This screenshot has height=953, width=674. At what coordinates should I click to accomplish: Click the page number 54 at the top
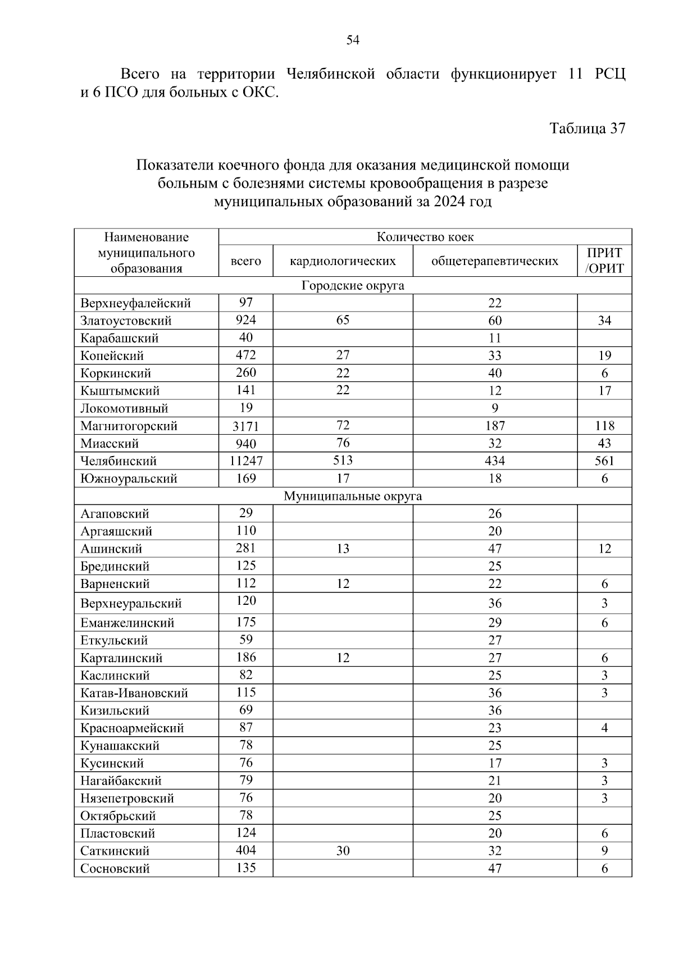point(353,40)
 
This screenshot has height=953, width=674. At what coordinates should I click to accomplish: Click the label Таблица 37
point(587,129)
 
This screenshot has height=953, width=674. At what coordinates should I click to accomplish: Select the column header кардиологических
point(343,261)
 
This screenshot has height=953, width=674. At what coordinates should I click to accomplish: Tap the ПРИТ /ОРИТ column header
point(604,261)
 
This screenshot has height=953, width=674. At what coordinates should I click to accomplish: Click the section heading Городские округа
point(353,285)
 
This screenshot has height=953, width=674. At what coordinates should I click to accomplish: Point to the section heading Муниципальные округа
point(353,496)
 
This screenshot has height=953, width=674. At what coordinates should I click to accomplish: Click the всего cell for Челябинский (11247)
point(246,461)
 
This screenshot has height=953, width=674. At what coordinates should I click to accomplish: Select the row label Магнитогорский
point(129,426)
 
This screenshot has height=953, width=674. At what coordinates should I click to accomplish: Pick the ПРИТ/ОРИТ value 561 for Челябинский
point(604,461)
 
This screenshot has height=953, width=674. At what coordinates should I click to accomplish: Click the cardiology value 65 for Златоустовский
point(343,320)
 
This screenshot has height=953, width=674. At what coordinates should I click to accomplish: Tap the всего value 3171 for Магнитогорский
point(246,426)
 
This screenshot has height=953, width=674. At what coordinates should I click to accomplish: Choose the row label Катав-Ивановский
point(134,693)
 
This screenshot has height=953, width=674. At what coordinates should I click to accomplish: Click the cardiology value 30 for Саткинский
point(343,851)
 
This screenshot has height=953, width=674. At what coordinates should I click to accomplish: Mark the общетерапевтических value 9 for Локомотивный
point(495,408)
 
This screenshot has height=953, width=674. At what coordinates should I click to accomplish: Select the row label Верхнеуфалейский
point(135,303)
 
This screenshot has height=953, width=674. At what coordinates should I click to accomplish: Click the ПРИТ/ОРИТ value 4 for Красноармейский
point(604,728)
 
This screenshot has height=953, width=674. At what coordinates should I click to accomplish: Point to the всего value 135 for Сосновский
point(246,868)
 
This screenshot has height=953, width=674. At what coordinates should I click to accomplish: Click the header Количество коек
point(425,237)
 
